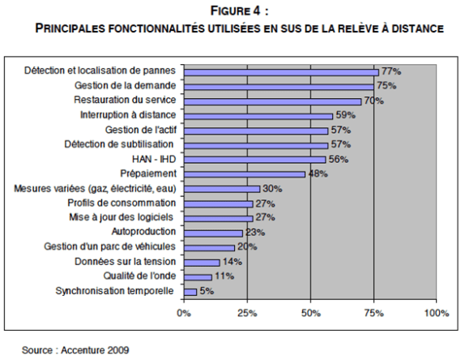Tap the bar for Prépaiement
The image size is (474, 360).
(245, 174)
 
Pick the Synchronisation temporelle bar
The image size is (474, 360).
(190, 291)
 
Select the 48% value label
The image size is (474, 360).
(317, 174)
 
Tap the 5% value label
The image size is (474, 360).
(205, 291)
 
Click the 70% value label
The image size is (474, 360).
(374, 101)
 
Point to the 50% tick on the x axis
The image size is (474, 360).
(310, 312)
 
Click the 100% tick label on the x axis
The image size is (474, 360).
(436, 312)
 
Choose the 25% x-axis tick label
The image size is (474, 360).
(247, 312)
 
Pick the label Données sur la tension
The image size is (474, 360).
(124, 262)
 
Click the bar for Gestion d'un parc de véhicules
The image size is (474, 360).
(209, 247)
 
